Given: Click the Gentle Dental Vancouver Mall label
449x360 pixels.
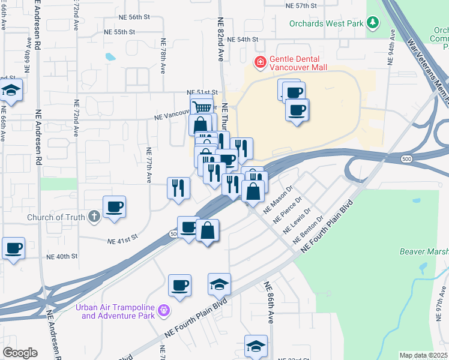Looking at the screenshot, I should point(298,63).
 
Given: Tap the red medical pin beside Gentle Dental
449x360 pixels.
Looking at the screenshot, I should point(260,61).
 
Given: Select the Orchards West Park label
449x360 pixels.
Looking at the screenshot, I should point(327,23).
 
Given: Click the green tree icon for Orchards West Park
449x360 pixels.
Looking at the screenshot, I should point(373,23).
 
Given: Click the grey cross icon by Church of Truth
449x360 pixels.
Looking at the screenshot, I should point(94,216).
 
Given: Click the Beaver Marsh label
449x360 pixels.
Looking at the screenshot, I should point(424,251).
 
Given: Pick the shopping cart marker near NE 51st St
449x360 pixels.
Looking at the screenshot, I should point(202,107).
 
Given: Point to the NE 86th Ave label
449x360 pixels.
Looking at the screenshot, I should point(268,302).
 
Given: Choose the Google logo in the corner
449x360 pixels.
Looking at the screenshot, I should point(20,353).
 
